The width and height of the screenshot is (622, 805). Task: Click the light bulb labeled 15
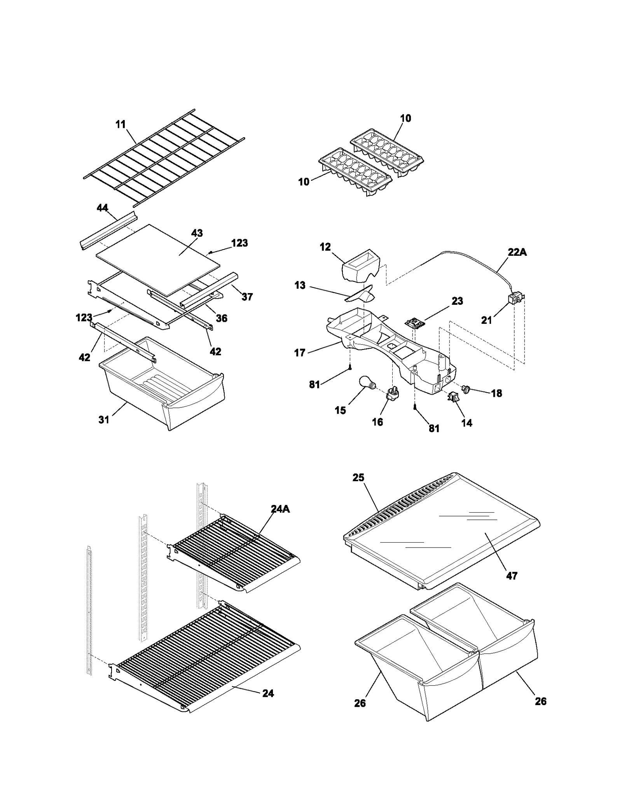coord(367,386)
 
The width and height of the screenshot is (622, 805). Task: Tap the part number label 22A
coord(517,252)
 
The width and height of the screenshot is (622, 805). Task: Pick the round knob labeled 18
coord(466,388)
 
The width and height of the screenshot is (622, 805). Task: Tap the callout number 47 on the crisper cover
coord(512,576)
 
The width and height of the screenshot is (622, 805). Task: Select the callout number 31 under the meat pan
coord(104,420)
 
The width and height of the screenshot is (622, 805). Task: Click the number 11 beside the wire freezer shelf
coord(121,124)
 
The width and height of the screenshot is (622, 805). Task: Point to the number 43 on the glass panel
coord(197,233)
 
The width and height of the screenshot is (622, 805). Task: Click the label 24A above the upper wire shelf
coord(280,509)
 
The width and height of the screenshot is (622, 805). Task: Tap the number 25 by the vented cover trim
coord(358,478)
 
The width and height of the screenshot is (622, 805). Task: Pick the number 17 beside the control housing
coord(300,353)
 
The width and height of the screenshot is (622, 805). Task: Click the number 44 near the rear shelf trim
coord(102,208)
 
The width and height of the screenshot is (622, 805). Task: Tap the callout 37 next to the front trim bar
coord(247,297)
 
